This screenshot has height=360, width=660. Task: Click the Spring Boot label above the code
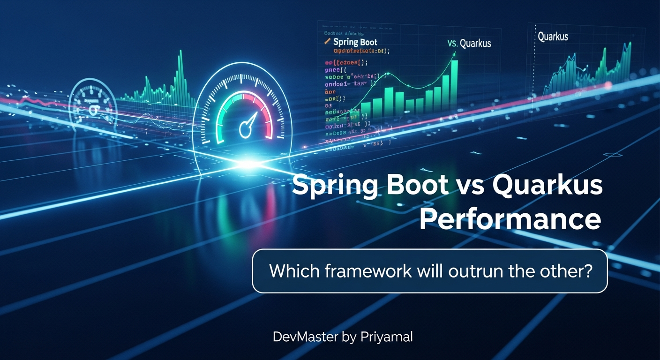pyautogui.click(x=355, y=42)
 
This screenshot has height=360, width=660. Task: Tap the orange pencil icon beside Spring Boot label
pyautogui.click(x=328, y=41)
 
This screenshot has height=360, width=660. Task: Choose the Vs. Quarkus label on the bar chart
pyautogui.click(x=469, y=44)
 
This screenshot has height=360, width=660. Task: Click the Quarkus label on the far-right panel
pyautogui.click(x=553, y=36)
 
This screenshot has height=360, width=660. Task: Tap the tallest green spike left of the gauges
pyautogui.click(x=179, y=75)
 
